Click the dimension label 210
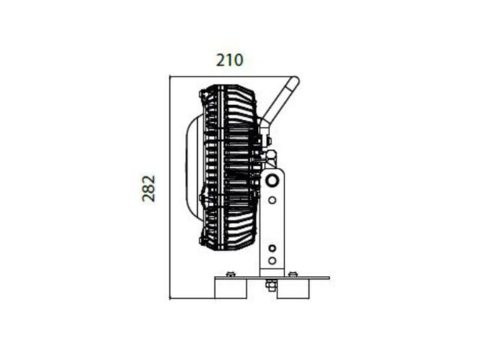point(229,60)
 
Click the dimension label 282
point(148,188)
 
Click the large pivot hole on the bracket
point(271,180)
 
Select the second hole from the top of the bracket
point(271,200)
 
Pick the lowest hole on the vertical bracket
point(271,260)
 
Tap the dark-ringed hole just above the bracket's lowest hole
point(271,248)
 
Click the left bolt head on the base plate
point(230,274)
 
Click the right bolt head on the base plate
point(292,274)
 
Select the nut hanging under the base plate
point(271,285)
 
